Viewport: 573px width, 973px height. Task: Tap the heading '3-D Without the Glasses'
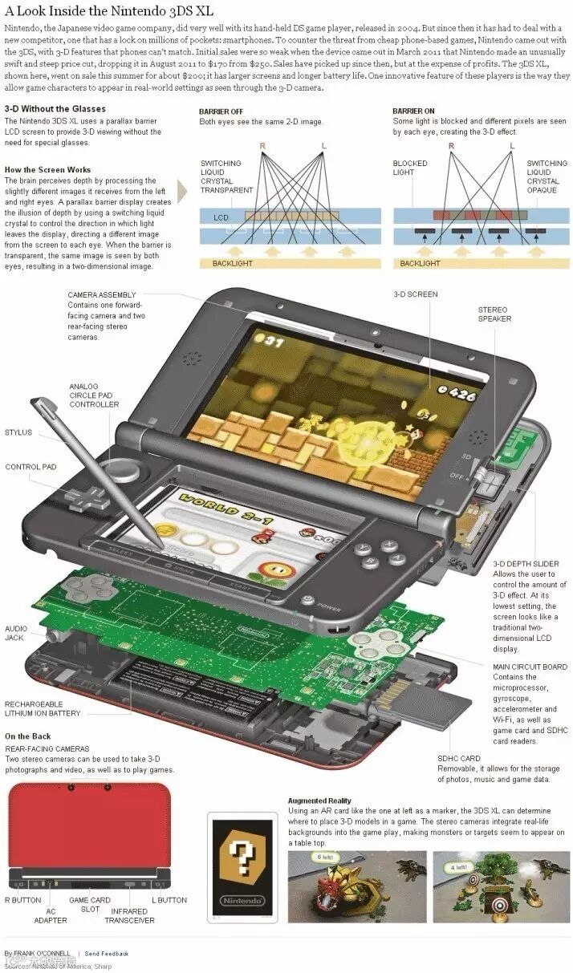(55, 108)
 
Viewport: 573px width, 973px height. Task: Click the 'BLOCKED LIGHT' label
(410, 168)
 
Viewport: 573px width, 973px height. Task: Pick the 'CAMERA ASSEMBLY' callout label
(102, 294)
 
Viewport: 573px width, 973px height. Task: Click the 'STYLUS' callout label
(18, 432)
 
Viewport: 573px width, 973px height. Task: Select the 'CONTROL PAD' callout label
(31, 467)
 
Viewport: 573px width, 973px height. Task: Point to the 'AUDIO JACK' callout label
(16, 634)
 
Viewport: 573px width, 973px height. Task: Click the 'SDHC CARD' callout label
(459, 758)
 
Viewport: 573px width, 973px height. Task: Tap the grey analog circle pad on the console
(123, 468)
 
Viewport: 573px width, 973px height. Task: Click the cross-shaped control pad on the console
(87, 497)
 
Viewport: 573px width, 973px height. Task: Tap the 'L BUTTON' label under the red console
(169, 900)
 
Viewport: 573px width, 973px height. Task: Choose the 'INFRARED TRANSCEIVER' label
(129, 915)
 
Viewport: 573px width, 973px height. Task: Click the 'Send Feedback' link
(107, 954)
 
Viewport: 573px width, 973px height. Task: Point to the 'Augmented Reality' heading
(319, 801)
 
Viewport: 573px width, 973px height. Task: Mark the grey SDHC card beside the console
(437, 707)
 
